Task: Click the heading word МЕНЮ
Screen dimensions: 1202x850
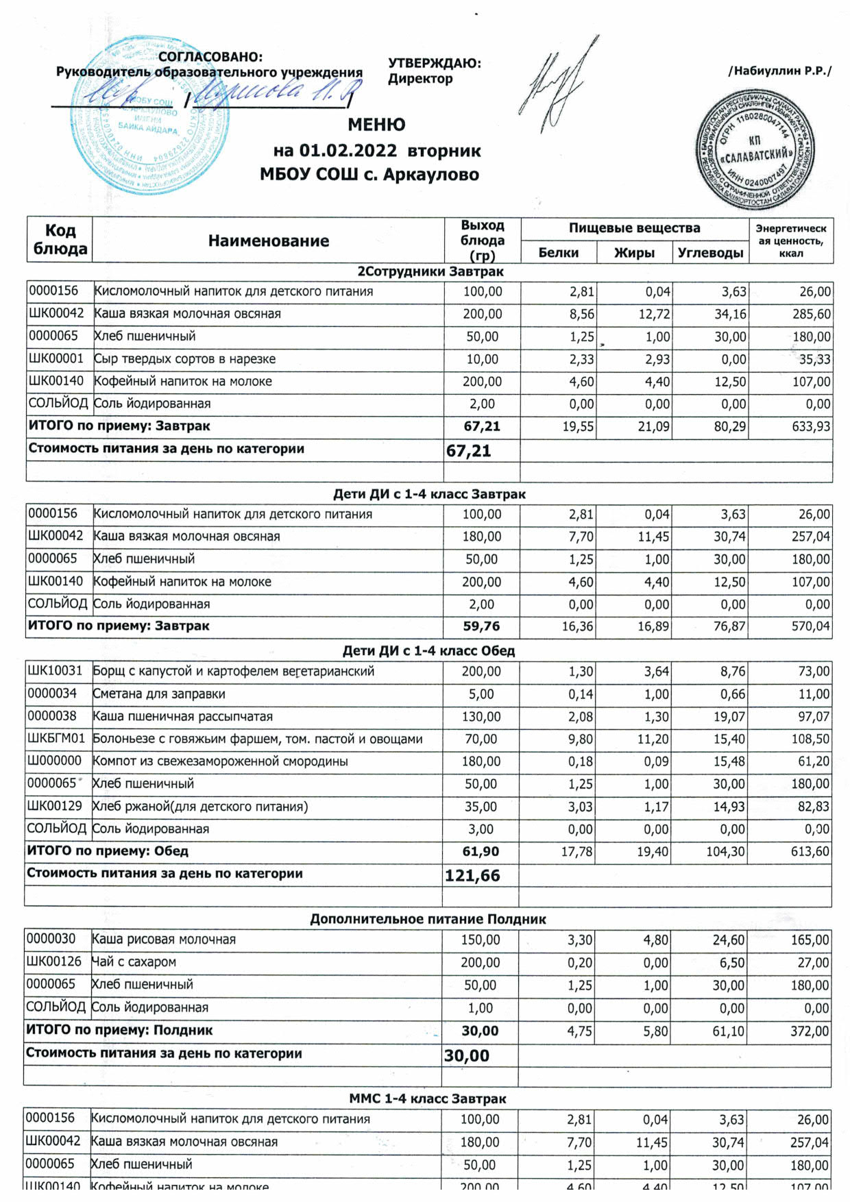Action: (376, 125)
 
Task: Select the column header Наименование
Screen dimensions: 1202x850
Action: (269, 241)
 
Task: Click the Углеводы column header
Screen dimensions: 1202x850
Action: (710, 253)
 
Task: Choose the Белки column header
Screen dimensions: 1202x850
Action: (558, 253)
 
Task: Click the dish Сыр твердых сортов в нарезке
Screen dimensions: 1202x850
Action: (184, 359)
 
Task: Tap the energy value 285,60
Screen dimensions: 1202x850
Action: (811, 315)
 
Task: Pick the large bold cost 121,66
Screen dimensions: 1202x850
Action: (472, 876)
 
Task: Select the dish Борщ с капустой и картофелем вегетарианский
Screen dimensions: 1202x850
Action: (234, 672)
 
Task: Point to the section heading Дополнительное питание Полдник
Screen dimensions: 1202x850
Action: (428, 919)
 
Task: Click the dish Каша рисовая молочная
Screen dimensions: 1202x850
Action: (164, 940)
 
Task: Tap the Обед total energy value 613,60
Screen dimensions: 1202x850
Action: (810, 852)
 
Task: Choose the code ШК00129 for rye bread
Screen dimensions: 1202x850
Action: (54, 807)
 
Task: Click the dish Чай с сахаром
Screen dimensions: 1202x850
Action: (134, 962)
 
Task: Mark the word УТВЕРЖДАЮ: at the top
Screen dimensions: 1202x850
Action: (435, 64)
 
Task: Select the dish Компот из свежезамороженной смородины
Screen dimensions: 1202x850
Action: (220, 761)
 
